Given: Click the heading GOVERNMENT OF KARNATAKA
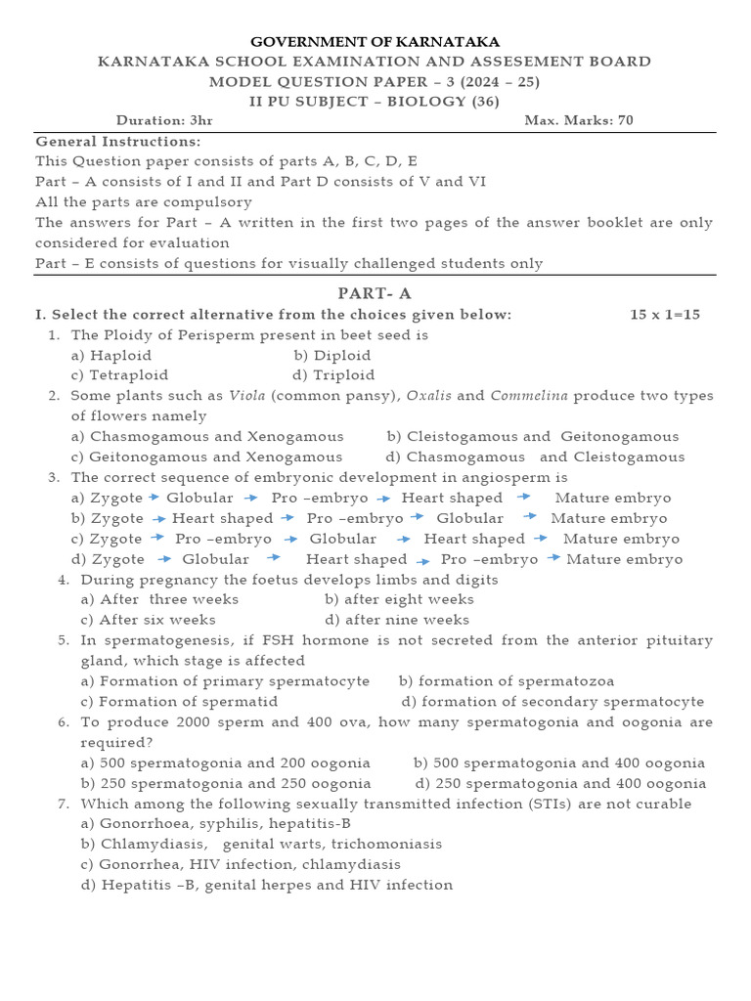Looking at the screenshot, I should click(x=375, y=41).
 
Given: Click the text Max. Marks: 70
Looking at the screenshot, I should click(x=579, y=120).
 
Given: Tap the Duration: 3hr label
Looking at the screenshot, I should click(x=164, y=120).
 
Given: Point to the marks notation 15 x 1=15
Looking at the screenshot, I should click(x=665, y=314).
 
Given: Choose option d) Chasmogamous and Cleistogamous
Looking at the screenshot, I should click(x=536, y=457).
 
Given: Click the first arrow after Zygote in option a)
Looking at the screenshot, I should click(x=155, y=498).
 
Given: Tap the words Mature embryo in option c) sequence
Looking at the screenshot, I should click(x=621, y=539).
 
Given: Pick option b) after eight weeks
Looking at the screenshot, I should click(x=399, y=599).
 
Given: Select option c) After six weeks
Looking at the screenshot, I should click(x=149, y=620).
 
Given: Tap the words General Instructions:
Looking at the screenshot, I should click(x=117, y=141).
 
